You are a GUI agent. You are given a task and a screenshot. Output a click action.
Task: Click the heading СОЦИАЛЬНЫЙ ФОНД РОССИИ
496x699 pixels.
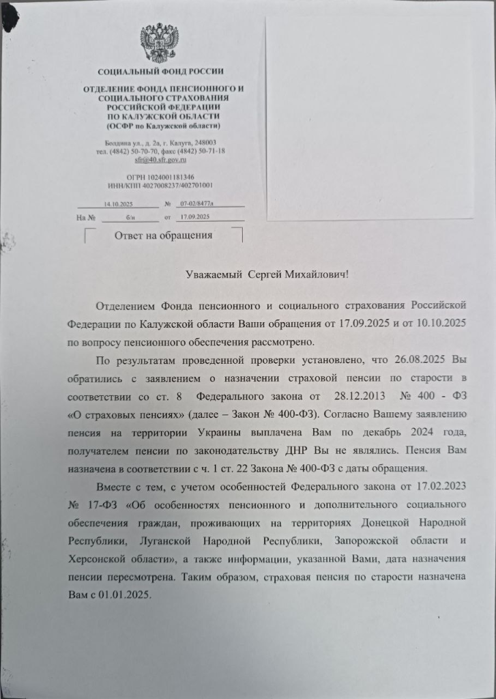tap(160, 71)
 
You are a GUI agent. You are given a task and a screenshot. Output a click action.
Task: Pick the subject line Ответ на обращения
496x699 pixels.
tap(162, 236)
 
